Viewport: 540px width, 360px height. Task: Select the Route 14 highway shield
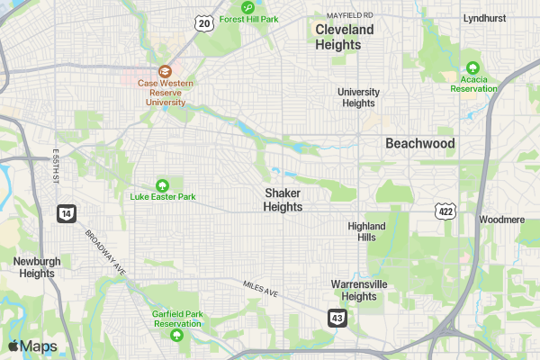pyautogui.click(x=66, y=213)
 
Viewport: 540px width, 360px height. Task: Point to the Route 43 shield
pyautogui.click(x=337, y=318)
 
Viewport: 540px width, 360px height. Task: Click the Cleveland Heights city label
pyautogui.click(x=344, y=37)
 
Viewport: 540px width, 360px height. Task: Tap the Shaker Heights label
pyautogui.click(x=283, y=200)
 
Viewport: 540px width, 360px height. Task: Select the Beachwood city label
pyautogui.click(x=420, y=143)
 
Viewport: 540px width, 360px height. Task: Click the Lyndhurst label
pyautogui.click(x=486, y=17)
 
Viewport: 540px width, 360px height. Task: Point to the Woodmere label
pyautogui.click(x=502, y=219)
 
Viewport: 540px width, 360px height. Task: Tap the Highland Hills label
pyautogui.click(x=366, y=231)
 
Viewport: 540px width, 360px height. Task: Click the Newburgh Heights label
pyautogui.click(x=37, y=267)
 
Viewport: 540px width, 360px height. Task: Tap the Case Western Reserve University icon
pyautogui.click(x=165, y=71)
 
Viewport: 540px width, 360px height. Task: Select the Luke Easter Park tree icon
pyautogui.click(x=163, y=184)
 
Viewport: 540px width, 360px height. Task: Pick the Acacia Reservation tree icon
pyautogui.click(x=473, y=67)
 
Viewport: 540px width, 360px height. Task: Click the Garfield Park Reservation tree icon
pyautogui.click(x=176, y=336)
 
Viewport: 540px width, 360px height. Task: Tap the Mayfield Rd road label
pyautogui.click(x=349, y=15)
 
